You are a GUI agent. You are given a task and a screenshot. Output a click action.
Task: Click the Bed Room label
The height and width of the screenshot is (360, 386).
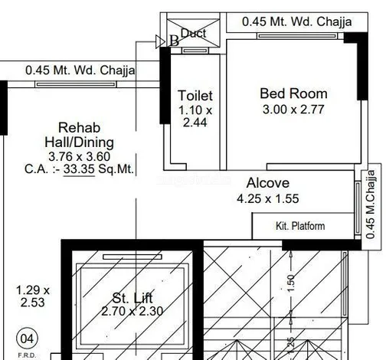(x=293, y=93)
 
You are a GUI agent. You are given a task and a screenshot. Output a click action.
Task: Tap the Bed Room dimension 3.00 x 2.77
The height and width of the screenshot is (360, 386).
(x=293, y=109)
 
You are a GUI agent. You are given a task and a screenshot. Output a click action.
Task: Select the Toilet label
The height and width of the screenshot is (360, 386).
(x=195, y=96)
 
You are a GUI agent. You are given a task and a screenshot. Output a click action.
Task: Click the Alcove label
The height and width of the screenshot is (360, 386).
(x=267, y=183)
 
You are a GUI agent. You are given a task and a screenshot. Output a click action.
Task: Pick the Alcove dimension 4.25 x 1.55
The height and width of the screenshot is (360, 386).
(x=267, y=198)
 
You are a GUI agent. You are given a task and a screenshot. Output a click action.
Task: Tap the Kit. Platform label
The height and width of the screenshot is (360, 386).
(x=300, y=226)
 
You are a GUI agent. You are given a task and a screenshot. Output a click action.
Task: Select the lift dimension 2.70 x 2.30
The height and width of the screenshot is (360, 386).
(x=132, y=312)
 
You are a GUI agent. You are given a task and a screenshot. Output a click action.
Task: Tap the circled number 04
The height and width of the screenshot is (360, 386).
(x=27, y=336)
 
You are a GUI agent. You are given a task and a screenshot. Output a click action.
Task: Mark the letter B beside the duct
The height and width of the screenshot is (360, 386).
(x=174, y=41)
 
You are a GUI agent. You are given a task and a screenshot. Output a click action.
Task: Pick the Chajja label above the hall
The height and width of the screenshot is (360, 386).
(x=80, y=70)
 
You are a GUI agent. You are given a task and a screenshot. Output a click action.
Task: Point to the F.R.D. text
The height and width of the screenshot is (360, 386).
(x=27, y=355)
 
